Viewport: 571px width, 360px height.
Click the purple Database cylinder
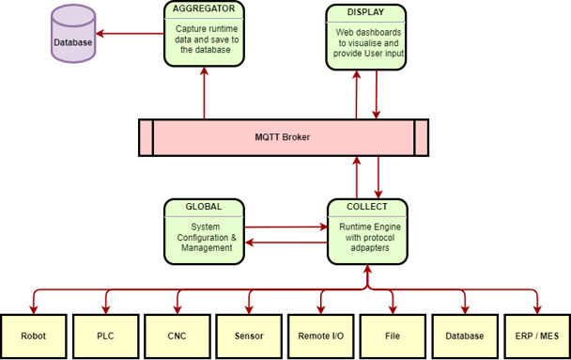72,36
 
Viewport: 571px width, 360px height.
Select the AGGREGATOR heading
204,9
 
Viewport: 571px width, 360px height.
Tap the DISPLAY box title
365,12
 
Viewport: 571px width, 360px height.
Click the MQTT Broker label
283,137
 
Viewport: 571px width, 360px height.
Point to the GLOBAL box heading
204,206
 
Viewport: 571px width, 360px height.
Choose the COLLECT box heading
366,206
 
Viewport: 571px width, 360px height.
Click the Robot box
34,336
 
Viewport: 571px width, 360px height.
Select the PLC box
105,336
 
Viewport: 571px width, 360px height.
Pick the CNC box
177,336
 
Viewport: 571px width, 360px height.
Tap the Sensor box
249,336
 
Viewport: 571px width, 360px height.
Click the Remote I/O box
320,336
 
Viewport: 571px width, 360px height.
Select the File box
393,336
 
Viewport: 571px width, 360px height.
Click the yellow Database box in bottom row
464,336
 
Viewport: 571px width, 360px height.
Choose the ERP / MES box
536,336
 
